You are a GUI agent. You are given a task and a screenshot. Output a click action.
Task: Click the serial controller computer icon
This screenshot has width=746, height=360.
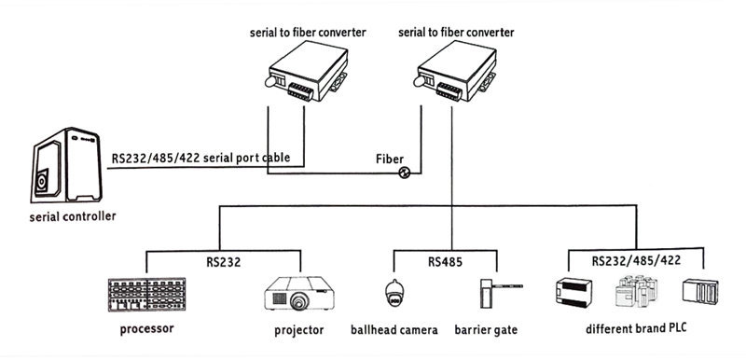pyautogui.click(x=67, y=164)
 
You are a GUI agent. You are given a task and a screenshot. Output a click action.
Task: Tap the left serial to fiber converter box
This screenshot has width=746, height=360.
pyautogui.click(x=307, y=71)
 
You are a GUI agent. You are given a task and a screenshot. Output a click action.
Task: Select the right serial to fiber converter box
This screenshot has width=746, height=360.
pyautogui.click(x=456, y=71)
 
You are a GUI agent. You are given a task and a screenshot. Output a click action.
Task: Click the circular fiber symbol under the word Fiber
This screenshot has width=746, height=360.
pyautogui.click(x=404, y=173)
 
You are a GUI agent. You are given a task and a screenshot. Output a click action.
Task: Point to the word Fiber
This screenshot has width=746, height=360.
pyautogui.click(x=390, y=159)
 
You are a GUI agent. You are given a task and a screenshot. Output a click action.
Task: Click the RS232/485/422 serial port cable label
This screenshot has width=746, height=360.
pyautogui.click(x=200, y=158)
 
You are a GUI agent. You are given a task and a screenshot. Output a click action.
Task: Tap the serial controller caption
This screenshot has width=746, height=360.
pyautogui.click(x=73, y=216)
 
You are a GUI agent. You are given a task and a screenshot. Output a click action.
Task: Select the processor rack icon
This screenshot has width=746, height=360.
pyautogui.click(x=147, y=295)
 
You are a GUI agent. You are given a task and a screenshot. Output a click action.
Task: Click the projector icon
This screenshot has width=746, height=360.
pyautogui.click(x=299, y=294)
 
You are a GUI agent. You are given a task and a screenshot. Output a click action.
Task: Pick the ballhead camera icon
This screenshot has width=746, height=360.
pyautogui.click(x=394, y=293)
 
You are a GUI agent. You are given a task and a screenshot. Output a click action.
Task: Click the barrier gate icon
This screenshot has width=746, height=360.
pyautogui.click(x=501, y=293)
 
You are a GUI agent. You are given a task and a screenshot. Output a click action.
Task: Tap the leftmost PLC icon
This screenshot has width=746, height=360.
pyautogui.click(x=574, y=292)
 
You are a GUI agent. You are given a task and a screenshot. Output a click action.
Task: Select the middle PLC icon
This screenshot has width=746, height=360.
pyautogui.click(x=638, y=291)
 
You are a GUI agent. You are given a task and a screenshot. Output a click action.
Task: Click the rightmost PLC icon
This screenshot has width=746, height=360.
pyautogui.click(x=700, y=291)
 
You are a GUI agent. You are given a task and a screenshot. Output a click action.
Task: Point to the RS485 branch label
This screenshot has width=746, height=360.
pyautogui.click(x=445, y=262)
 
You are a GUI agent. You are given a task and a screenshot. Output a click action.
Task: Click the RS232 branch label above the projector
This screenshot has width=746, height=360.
pyautogui.click(x=224, y=262)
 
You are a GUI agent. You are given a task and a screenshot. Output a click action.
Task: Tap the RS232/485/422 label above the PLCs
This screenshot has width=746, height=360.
pyautogui.click(x=637, y=260)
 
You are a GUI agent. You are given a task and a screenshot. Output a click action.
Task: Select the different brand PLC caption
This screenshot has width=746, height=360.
pyautogui.click(x=636, y=328)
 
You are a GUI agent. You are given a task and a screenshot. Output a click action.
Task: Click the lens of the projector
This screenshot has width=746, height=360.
pyautogui.click(x=298, y=302)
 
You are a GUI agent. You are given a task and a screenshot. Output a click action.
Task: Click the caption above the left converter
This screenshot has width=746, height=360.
pyautogui.click(x=308, y=33)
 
